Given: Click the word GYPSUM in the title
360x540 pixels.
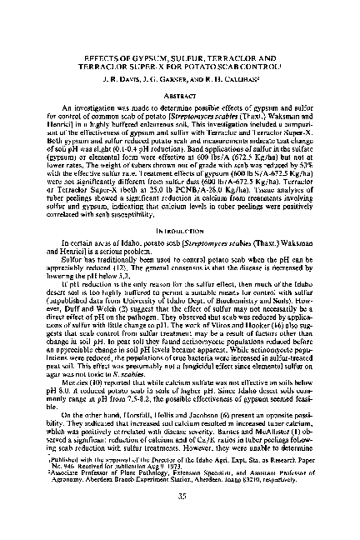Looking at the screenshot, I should (135, 47).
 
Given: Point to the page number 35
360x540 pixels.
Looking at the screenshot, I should (179, 522).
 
